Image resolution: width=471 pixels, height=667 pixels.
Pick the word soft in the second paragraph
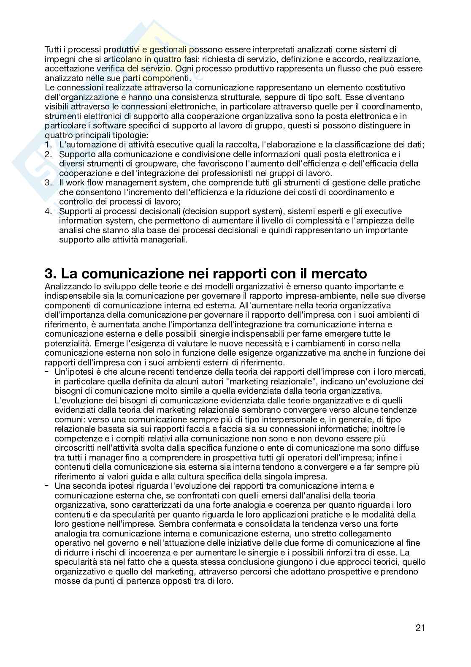306,97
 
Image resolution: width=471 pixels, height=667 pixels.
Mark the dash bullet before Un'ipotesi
47,371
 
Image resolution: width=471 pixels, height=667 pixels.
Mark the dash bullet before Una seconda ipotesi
47,485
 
